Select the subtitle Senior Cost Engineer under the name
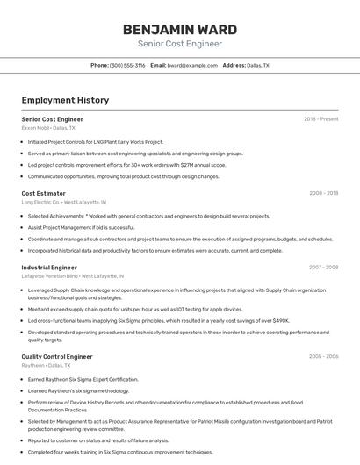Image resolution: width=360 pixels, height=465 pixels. [x=180, y=44]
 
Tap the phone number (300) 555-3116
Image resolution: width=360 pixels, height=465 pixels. [x=127, y=65]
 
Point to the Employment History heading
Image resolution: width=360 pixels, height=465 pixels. [x=65, y=100]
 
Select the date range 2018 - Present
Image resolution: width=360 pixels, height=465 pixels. [x=321, y=118]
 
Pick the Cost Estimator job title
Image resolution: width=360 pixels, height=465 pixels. [x=44, y=193]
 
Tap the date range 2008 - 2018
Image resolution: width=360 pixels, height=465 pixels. [x=324, y=193]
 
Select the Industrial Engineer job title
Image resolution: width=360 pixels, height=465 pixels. [x=49, y=267]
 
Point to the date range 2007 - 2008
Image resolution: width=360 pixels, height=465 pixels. [x=324, y=267]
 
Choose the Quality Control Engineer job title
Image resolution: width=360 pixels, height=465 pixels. [x=57, y=357]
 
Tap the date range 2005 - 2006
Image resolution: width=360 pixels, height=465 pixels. [x=324, y=357]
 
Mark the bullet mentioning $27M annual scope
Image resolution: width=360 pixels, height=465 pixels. [x=126, y=164]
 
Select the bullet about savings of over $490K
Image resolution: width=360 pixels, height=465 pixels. [x=158, y=320]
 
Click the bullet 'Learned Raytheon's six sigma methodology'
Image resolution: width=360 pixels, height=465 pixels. [x=78, y=390]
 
